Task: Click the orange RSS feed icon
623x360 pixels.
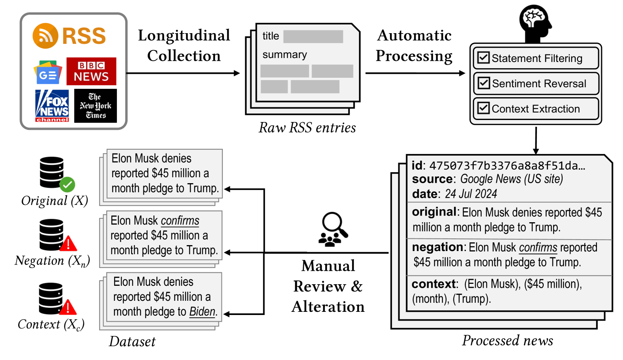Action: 45,36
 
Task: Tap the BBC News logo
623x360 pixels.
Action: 91,71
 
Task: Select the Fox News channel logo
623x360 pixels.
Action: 52,106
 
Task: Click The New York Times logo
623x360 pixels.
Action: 96,106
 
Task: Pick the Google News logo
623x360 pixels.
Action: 48,72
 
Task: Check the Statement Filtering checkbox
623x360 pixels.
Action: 483,58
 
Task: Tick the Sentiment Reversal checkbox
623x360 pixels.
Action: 483,83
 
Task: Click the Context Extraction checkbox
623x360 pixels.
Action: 483,108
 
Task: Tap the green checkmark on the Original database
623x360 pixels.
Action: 67,185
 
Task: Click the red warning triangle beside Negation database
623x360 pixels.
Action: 68,244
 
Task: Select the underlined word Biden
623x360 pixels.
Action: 202,311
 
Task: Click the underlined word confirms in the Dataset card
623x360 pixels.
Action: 180,221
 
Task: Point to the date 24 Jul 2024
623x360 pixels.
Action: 471,194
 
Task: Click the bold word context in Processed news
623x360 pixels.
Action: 433,284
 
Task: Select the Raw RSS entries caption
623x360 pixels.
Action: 307,128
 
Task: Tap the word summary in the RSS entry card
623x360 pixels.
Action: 285,54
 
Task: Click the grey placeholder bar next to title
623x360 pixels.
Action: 313,36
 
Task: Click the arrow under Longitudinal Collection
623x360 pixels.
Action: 183,73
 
